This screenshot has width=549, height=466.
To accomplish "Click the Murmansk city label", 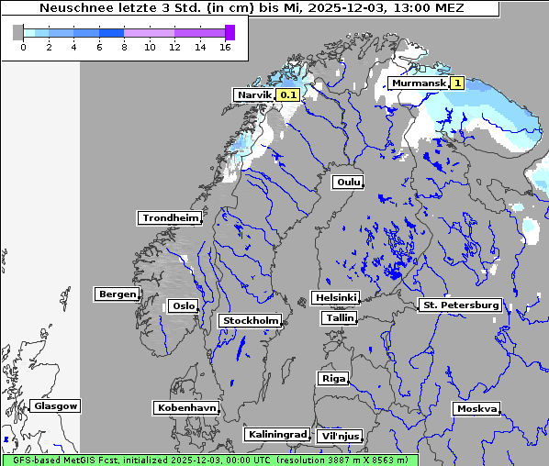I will pyautogui.click(x=419, y=83).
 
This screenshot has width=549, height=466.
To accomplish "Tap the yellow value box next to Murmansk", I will pyautogui.click(x=457, y=83).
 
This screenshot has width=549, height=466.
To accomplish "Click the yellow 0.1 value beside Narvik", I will pyautogui.click(x=288, y=94).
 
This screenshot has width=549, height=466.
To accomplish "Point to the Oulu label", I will pyautogui.click(x=347, y=182).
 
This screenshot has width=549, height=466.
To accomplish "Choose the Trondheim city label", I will pyautogui.click(x=170, y=218).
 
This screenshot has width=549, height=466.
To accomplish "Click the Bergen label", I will pyautogui.click(x=116, y=294).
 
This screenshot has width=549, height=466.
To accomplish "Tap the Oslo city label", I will pyautogui.click(x=182, y=306).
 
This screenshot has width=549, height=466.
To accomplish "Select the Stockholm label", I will pyautogui.click(x=250, y=321).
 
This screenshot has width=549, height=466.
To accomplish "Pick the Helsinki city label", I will pyautogui.click(x=335, y=298).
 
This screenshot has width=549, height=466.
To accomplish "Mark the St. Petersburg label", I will pyautogui.click(x=459, y=305).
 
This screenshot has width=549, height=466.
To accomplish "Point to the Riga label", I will pyautogui.click(x=332, y=378).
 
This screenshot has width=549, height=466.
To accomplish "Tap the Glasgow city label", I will pyautogui.click(x=55, y=405).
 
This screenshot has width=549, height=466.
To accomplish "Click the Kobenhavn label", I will pyautogui.click(x=186, y=407).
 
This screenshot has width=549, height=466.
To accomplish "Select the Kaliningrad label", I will pyautogui.click(x=276, y=434).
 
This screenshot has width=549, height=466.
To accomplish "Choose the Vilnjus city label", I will pyautogui.click(x=339, y=436).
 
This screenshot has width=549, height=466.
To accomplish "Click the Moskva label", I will pyautogui.click(x=476, y=408).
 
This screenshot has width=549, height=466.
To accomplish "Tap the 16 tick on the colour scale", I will pyautogui.click(x=225, y=47).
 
